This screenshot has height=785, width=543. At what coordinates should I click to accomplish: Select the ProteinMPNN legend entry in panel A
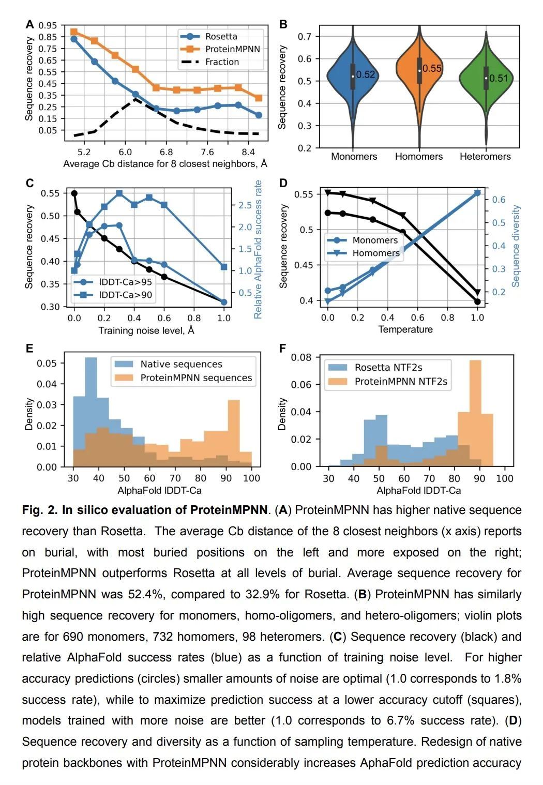pyautogui.click(x=220, y=49)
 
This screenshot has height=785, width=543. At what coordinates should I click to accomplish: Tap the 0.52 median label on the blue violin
pyautogui.click(x=365, y=74)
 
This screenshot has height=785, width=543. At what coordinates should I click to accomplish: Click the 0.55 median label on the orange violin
pyautogui.click(x=432, y=68)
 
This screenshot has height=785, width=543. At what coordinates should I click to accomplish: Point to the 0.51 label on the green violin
pyautogui.click(x=498, y=78)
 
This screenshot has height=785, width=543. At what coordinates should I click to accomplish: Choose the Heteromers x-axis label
pyautogui.click(x=485, y=156)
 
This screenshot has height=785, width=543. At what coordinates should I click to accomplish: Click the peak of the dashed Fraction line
pyautogui.click(x=135, y=99)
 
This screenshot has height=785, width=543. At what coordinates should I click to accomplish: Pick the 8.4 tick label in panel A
pyautogui.click(x=248, y=152)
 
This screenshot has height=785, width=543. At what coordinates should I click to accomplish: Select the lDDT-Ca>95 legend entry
pyautogui.click(x=113, y=282)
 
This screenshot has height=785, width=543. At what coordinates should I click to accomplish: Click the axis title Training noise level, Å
pyautogui.click(x=146, y=330)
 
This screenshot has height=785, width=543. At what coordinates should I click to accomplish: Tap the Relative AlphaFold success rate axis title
pyautogui.click(x=258, y=250)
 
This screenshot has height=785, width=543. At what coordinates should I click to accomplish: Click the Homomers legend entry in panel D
pyautogui.click(x=363, y=253)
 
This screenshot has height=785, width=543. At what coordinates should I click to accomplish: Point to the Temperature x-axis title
pyautogui.click(x=405, y=329)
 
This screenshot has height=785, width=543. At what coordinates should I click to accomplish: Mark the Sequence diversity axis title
pyautogui.click(x=515, y=246)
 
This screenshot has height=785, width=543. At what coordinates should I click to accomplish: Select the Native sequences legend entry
pyautogui.click(x=169, y=364)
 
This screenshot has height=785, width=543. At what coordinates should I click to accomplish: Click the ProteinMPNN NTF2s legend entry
pyautogui.click(x=388, y=381)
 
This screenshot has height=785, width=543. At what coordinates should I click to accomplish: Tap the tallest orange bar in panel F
pyautogui.click(x=475, y=413)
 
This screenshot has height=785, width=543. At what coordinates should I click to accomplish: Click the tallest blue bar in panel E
pyautogui.click(x=91, y=412)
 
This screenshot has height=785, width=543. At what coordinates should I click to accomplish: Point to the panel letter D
pyautogui.click(x=283, y=183)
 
